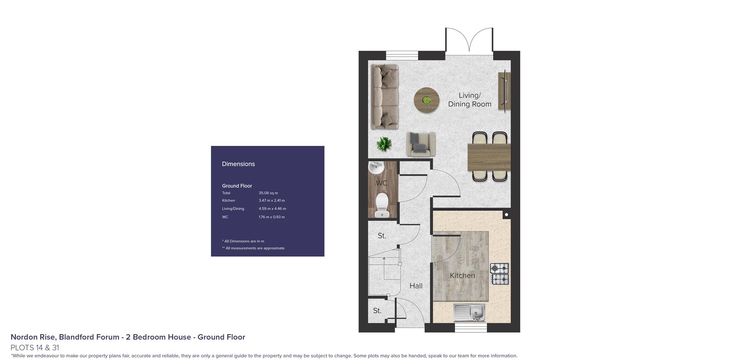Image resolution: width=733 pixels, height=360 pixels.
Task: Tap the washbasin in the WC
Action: (376, 167)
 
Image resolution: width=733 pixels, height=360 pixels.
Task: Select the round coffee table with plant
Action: (426, 100)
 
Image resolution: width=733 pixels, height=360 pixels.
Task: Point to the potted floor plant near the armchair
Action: (384, 144)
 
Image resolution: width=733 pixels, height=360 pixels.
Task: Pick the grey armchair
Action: (421, 144)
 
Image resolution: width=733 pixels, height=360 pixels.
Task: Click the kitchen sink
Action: (469, 312)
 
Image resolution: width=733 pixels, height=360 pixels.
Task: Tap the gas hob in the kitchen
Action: (500, 274)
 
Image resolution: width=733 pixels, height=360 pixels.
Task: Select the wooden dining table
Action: (489, 157)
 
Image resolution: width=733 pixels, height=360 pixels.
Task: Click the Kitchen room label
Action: (462, 276)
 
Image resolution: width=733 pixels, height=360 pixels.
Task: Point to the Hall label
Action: (416, 286)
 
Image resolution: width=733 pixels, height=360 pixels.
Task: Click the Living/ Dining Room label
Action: (470, 100)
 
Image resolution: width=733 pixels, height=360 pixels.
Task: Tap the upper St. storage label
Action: (382, 236)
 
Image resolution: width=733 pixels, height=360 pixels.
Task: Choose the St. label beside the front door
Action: (377, 311)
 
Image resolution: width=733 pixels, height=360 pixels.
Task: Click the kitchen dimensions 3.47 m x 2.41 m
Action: (272, 200)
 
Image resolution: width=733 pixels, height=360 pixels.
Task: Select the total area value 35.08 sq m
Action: (268, 193)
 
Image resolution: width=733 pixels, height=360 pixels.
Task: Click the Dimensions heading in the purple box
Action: (238, 164)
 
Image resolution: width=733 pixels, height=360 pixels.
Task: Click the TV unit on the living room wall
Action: (504, 90)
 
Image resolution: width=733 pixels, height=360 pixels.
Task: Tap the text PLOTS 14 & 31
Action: (35, 348)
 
